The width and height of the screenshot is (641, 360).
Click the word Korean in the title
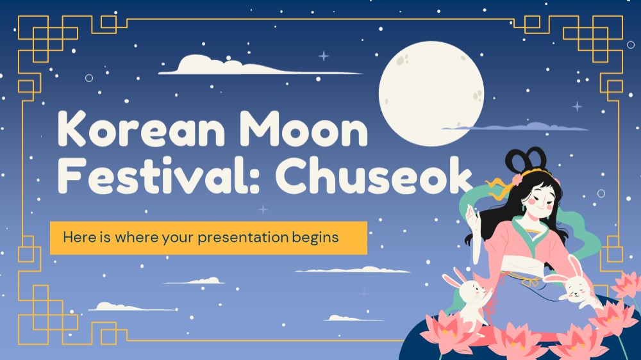140,129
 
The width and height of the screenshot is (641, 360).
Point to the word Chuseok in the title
374,176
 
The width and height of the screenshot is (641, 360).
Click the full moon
431,93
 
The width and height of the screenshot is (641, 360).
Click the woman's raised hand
472,217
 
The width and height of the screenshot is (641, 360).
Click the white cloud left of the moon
260,65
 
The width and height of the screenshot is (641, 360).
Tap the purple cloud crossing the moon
515,127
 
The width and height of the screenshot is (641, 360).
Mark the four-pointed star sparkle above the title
324,56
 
